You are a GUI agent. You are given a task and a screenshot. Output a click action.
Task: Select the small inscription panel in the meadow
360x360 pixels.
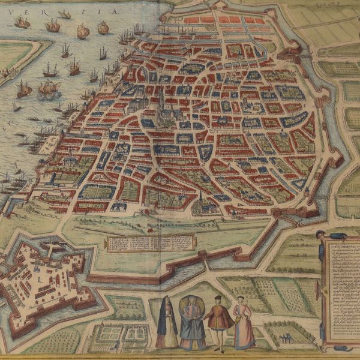click(150, 243)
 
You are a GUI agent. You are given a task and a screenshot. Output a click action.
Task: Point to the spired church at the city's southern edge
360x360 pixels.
click(201, 204)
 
